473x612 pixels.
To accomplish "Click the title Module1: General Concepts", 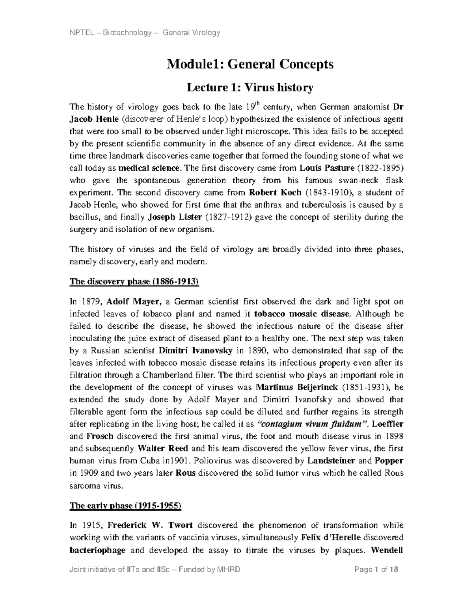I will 250,64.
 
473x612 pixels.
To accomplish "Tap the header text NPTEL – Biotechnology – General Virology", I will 144,33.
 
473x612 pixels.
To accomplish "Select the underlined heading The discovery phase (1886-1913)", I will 134,282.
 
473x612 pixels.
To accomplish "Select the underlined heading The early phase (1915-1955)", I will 125,506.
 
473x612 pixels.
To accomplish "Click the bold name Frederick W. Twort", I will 150,525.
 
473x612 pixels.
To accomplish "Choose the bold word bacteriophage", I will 97,550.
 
